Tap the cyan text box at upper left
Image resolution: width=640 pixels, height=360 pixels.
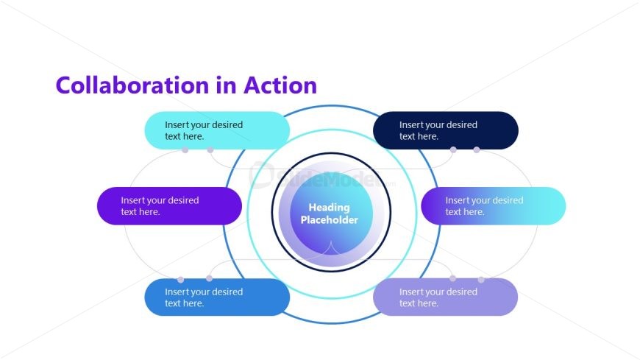click(217, 130)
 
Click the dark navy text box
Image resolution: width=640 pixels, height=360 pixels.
click(446, 130)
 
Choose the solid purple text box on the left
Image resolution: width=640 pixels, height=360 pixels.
click(169, 206)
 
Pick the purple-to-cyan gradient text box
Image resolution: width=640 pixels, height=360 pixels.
click(493, 206)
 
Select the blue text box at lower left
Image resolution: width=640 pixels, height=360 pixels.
click(217, 297)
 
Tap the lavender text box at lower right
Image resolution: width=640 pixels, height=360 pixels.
click(446, 297)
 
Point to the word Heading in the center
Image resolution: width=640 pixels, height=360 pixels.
click(329, 208)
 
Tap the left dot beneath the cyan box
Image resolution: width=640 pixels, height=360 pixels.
click(185, 150)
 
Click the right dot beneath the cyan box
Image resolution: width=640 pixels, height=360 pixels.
click(210, 150)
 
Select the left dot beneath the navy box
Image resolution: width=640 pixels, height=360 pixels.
click(453, 150)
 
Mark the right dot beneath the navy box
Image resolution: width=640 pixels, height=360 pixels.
click(477, 150)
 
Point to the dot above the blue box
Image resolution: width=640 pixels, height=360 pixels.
click(209, 278)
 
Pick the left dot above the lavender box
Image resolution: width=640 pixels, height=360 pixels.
click(452, 278)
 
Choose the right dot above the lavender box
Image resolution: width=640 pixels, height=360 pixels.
click(481, 280)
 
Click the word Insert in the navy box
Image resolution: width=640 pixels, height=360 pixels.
click(411, 125)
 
